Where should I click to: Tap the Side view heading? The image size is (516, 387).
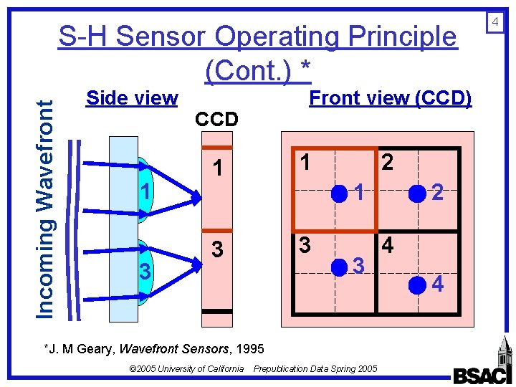(132, 98)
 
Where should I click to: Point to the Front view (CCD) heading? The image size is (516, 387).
(390, 98)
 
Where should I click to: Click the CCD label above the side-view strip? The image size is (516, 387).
(216, 120)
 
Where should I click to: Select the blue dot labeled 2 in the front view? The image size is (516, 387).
(416, 192)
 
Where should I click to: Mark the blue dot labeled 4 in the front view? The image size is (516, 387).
(416, 285)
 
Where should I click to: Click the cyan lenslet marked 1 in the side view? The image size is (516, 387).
(146, 188)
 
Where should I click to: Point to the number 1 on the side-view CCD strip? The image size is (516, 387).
(217, 169)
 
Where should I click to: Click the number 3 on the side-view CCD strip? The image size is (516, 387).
(217, 250)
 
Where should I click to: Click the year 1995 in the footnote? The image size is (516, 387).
(249, 349)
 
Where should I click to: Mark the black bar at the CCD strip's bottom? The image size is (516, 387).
(217, 311)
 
